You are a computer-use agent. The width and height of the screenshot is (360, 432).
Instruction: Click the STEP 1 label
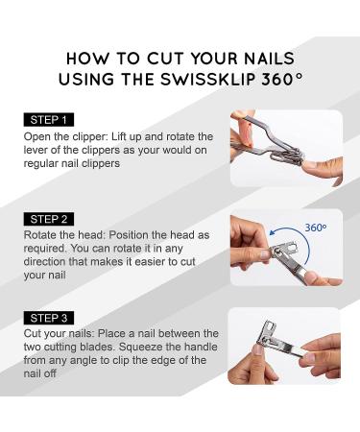coord(49,120)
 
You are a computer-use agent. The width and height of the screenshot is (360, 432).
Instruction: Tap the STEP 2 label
coord(49,219)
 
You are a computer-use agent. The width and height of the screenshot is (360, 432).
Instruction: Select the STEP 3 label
coord(49,318)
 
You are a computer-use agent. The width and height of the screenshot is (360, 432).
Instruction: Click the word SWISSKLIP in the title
coord(208,79)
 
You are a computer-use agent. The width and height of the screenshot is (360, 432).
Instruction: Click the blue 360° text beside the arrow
coord(316,228)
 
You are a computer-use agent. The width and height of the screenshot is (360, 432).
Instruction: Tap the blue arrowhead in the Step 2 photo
coord(273,232)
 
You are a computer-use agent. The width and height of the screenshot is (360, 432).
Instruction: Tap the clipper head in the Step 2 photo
coord(285,249)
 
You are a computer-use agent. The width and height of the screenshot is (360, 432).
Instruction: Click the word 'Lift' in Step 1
coord(117,136)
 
